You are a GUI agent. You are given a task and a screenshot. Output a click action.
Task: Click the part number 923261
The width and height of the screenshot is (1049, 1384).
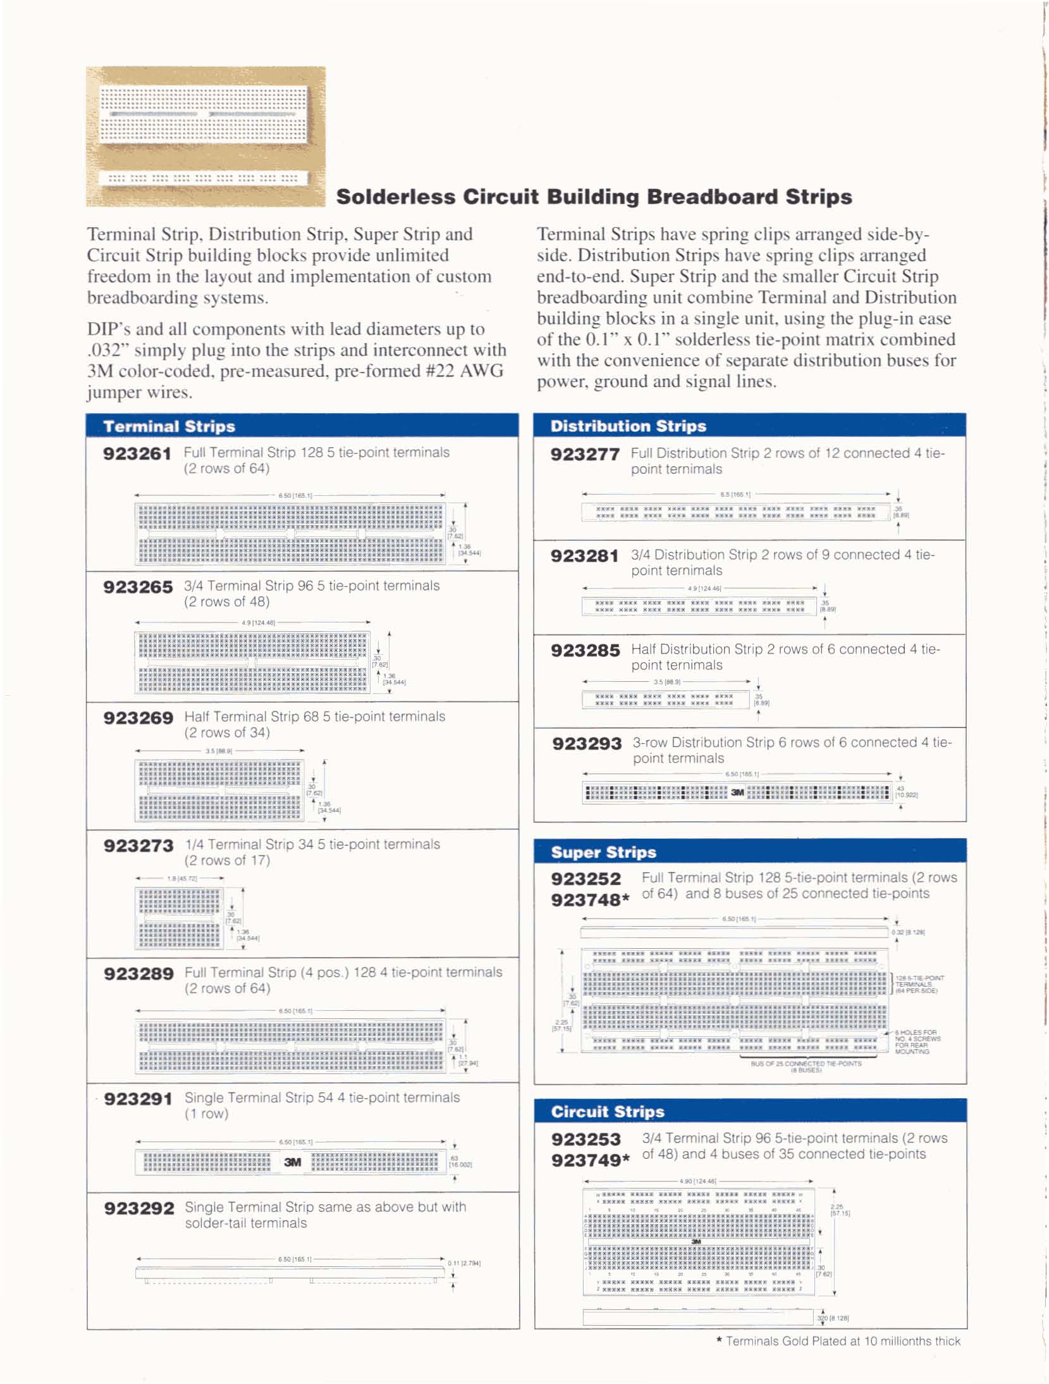[137, 454]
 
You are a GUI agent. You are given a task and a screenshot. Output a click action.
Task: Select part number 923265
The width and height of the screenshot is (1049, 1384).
[138, 588]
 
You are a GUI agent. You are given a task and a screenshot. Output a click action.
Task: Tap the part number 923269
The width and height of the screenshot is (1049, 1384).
[138, 719]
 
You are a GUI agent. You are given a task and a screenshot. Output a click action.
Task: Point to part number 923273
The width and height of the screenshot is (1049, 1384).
[138, 846]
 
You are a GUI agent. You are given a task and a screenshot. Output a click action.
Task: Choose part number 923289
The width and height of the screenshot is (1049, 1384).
[138, 974]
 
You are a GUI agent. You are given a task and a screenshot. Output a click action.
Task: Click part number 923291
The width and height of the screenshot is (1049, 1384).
[138, 1099]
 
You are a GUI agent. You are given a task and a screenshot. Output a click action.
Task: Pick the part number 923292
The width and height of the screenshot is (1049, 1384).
[139, 1209]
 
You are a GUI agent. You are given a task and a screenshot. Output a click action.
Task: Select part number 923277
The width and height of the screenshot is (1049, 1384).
[585, 455]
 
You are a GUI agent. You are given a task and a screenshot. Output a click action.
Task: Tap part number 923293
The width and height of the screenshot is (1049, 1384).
[587, 744]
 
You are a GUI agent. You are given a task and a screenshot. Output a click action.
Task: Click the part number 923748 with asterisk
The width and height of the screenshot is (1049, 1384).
[590, 900]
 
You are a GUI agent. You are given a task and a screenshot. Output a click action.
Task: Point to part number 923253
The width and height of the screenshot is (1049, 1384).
[586, 1139]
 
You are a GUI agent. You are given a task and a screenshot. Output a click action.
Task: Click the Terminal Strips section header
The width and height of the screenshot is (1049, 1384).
[169, 426]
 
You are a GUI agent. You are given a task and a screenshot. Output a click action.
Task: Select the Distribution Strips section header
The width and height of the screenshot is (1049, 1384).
[628, 426]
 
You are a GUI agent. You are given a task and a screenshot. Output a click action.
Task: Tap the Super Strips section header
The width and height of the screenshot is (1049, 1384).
[603, 852]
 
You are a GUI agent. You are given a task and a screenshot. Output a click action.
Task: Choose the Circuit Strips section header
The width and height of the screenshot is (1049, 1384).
[608, 1111]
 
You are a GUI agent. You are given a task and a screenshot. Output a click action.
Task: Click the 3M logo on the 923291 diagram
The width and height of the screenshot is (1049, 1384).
[292, 1162]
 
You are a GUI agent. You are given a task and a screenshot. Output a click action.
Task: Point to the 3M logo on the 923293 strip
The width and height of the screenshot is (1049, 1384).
[737, 792]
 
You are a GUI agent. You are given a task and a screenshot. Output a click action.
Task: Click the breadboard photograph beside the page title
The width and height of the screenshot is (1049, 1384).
[206, 136]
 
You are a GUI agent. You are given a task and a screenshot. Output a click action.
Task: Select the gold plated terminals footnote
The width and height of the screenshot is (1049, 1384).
[838, 1341]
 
